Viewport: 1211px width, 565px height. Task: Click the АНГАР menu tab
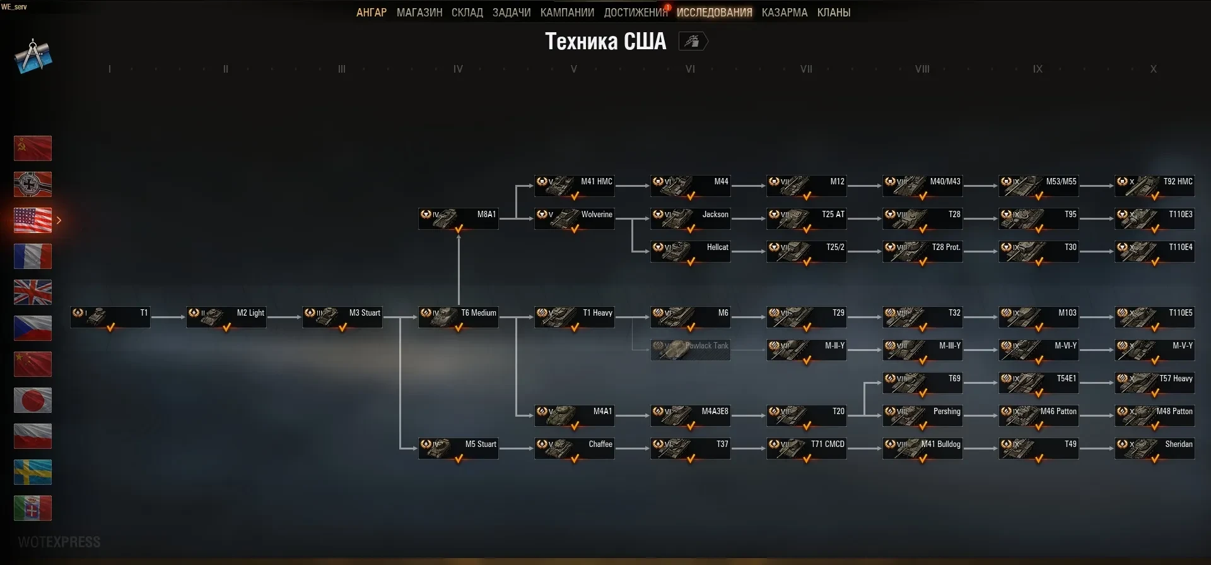pyautogui.click(x=371, y=13)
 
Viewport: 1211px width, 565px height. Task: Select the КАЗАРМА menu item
pyautogui.click(x=784, y=13)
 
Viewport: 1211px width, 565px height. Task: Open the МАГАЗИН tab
pyautogui.click(x=419, y=13)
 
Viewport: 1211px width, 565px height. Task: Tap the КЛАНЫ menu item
pyautogui.click(x=833, y=13)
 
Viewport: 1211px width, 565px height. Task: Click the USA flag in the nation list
pyautogui.click(x=33, y=220)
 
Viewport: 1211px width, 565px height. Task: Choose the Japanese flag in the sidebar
pyautogui.click(x=33, y=400)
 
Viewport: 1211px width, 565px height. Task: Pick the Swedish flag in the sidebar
pyautogui.click(x=33, y=472)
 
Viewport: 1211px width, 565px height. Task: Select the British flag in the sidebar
pyautogui.click(x=33, y=292)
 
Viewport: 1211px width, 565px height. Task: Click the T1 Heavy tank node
pyautogui.click(x=574, y=317)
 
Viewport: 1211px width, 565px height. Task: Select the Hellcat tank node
pyautogui.click(x=690, y=251)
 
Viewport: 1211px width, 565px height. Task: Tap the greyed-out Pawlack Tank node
pyautogui.click(x=690, y=350)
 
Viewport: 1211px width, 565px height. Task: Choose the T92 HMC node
pyautogui.click(x=1154, y=186)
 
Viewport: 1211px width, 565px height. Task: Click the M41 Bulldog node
pyautogui.click(x=922, y=448)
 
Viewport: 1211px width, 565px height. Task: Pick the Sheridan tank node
pyautogui.click(x=1154, y=448)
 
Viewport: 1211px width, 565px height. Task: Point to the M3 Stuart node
pyautogui.click(x=342, y=317)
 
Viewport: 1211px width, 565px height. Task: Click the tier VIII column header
pyautogui.click(x=922, y=69)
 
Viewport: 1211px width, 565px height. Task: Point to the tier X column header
pyautogui.click(x=1153, y=69)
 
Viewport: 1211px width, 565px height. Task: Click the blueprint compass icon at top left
pyautogui.click(x=33, y=56)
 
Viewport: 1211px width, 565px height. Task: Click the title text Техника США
pyautogui.click(x=605, y=42)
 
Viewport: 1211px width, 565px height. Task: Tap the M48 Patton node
pyautogui.click(x=1154, y=415)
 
